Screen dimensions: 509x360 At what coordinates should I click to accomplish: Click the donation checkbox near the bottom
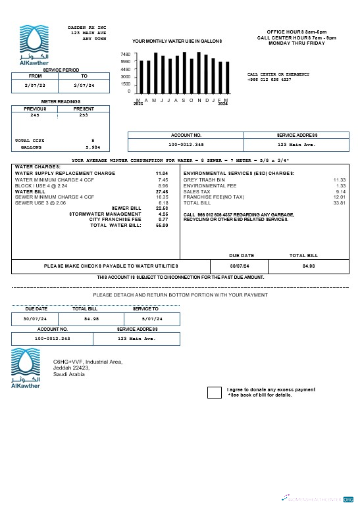pyautogui.click(x=215, y=393)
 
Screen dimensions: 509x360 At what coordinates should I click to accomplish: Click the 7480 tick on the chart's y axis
pyautogui.click(x=125, y=54)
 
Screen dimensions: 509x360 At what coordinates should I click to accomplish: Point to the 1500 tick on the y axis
pyautogui.click(x=125, y=84)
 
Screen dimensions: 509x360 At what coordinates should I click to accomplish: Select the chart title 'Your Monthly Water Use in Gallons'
pyautogui.click(x=177, y=41)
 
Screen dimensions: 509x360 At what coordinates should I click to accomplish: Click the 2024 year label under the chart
pyautogui.click(x=222, y=104)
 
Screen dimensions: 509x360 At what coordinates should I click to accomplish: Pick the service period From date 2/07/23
pyautogui.click(x=35, y=85)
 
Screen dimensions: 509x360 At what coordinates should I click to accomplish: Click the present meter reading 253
pyautogui.click(x=83, y=114)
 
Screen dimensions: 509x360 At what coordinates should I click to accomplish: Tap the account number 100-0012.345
pyautogui.click(x=186, y=144)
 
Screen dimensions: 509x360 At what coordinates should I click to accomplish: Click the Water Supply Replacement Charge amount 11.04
pyautogui.click(x=161, y=173)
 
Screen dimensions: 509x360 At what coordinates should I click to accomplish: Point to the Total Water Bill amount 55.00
pyautogui.click(x=162, y=225)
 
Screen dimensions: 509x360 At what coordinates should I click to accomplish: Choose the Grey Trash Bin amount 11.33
pyautogui.click(x=339, y=179)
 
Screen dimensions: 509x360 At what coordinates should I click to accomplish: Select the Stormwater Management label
pyautogui.click(x=114, y=214)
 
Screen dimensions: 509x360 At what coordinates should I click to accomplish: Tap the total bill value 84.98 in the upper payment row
pyautogui.click(x=309, y=266)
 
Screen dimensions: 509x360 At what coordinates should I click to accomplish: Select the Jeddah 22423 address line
pyautogui.click(x=71, y=368)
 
